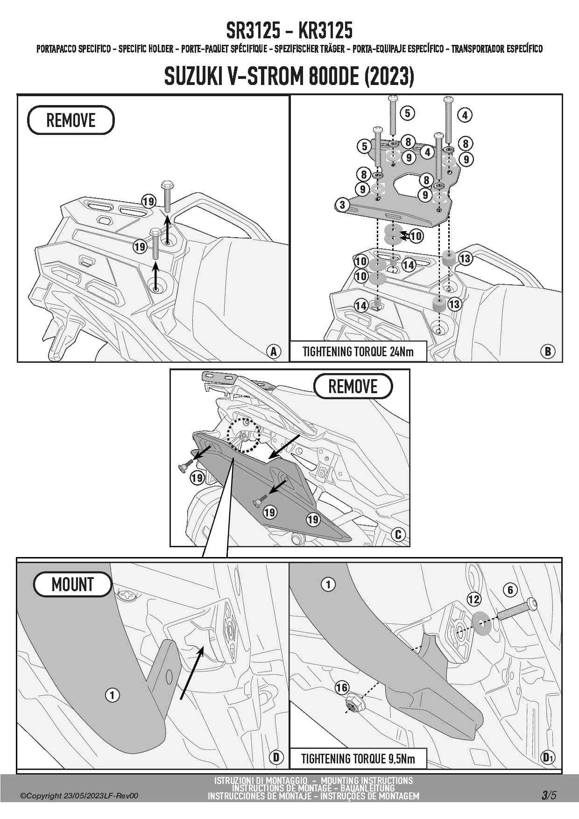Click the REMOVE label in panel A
(71, 120)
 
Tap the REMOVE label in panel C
(353, 387)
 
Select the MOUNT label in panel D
(72, 584)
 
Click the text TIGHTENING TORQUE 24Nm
(358, 352)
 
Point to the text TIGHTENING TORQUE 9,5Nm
(358, 758)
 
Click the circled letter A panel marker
(274, 351)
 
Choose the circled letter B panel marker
(547, 351)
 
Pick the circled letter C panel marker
(398, 534)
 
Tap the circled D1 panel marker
(547, 757)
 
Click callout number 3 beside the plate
(342, 205)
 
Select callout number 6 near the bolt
(510, 590)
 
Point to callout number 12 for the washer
(473, 599)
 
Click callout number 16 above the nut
(342, 687)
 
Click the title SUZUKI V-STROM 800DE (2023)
(289, 77)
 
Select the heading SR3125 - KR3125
(289, 31)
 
